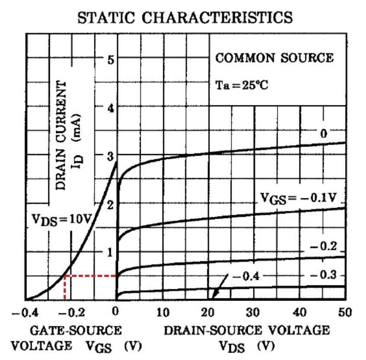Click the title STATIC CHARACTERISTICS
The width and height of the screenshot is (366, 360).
tap(185, 17)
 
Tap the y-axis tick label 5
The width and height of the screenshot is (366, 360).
tap(111, 60)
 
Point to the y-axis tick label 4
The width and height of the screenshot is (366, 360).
tap(111, 108)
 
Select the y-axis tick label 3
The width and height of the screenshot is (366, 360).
tap(110, 156)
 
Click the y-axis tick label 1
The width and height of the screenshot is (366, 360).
tap(110, 253)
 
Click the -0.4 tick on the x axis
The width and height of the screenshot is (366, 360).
tap(25, 312)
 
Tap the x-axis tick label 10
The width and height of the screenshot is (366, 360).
tap(163, 312)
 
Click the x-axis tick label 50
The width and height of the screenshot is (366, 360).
tap(345, 312)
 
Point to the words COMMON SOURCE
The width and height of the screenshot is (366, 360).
tap(274, 58)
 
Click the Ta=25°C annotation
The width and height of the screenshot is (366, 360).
tap(241, 85)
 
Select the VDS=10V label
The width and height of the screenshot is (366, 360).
tap(61, 220)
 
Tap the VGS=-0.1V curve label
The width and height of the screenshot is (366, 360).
tap(299, 199)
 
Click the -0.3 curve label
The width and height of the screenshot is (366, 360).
tap(323, 275)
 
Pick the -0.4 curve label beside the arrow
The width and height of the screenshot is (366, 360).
tap(246, 276)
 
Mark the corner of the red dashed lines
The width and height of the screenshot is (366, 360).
tap(65, 276)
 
